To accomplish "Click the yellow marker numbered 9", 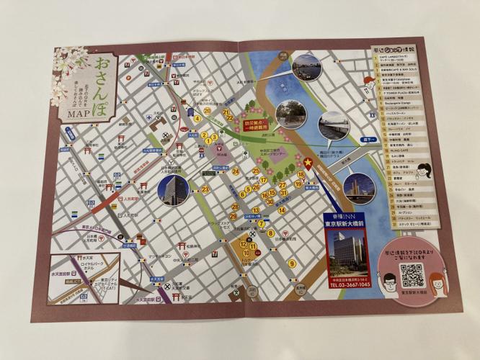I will (292, 264).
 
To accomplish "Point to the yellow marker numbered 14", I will (283, 210).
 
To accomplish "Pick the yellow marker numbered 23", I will (206, 189).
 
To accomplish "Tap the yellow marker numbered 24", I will (236, 171).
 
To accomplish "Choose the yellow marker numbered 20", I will (207, 110).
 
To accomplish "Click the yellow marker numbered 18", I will (301, 175).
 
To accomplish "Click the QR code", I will (412, 275).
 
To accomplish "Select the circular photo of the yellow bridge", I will (358, 186).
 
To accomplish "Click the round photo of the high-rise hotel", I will (173, 189).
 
